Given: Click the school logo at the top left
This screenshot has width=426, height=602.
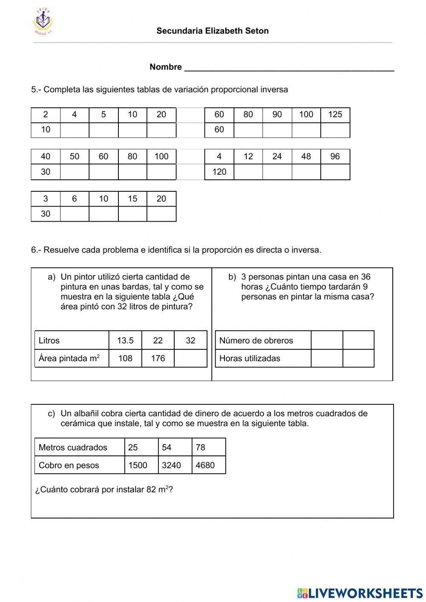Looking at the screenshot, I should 44,21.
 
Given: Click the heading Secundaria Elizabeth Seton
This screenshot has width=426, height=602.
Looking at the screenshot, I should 212,31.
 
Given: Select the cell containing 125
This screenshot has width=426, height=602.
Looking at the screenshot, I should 335,115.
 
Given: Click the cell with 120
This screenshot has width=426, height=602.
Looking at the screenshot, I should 219,172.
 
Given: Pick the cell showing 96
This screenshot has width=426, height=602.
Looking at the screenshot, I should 335,157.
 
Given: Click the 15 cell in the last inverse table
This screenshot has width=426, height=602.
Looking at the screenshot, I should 132,199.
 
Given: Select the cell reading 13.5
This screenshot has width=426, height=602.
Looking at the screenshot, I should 125,340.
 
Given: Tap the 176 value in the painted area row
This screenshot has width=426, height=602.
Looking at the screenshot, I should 158,358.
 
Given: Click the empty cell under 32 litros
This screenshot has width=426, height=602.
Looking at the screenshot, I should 190,358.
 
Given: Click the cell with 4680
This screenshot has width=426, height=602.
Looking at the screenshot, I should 208,465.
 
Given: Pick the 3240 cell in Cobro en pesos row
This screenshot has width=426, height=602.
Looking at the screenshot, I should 175,465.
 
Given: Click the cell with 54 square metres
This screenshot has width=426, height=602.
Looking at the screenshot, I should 175,447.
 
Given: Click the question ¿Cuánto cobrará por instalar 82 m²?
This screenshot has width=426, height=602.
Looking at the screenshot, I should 104,490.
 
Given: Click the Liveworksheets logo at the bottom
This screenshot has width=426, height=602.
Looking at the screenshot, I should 360,593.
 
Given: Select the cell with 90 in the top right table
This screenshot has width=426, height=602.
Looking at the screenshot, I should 277,115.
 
